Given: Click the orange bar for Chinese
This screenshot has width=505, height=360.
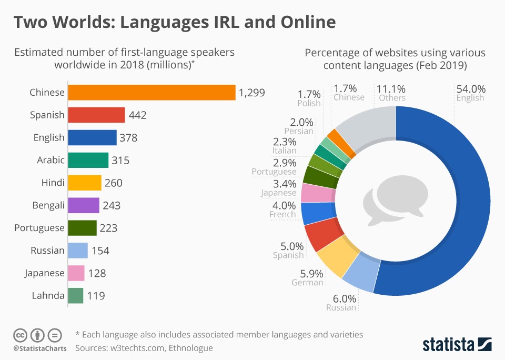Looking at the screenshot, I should [152, 93].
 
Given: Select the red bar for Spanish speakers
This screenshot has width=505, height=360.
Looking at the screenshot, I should [97, 115].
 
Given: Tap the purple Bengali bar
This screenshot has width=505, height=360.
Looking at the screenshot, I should [84, 205].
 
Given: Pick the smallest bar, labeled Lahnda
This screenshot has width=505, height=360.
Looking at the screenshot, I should [76, 296].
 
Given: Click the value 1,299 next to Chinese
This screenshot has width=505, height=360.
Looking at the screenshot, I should [251, 93].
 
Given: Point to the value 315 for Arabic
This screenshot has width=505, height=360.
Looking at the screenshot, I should [120, 161].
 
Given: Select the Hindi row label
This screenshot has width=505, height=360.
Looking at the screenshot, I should [53, 183].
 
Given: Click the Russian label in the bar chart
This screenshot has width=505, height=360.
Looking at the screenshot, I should [47, 251].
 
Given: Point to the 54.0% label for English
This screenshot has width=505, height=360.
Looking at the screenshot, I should [471, 89].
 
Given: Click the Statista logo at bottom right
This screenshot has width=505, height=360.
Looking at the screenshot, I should [457, 344].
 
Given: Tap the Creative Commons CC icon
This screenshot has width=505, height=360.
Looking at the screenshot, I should [20, 335].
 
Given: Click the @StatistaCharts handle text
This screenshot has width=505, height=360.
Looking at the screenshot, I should [40, 348].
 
